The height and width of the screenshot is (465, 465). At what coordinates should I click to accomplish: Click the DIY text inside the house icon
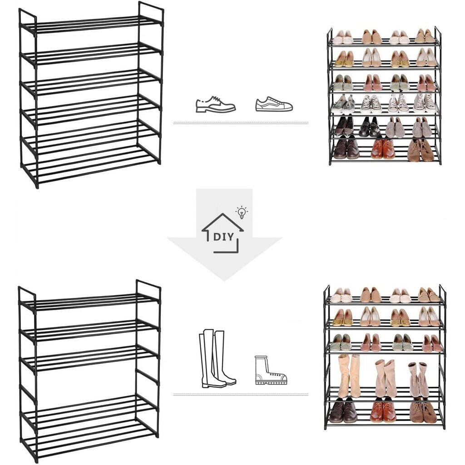(223, 237)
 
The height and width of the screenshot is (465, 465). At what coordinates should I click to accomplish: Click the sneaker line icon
(274, 104)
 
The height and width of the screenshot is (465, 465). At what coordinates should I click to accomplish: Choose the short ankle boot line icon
(271, 370)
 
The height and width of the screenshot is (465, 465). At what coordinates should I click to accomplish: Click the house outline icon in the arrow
(223, 233)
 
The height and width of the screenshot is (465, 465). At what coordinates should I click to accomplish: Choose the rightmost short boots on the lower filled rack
(418, 380)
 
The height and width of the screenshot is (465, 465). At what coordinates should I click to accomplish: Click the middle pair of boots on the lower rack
(386, 378)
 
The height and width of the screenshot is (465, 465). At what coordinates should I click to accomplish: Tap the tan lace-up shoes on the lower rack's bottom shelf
(423, 411)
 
